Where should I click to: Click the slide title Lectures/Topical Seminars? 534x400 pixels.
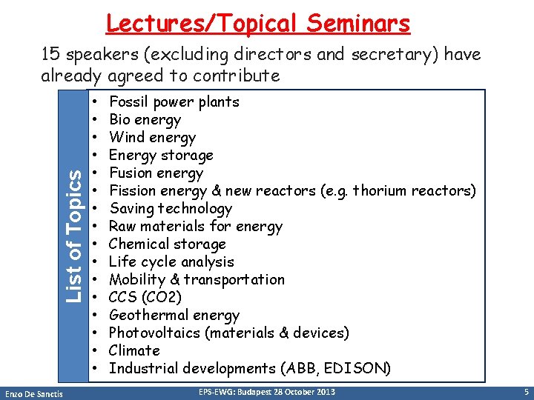[x=257, y=23]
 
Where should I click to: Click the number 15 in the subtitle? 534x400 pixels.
[x=50, y=55]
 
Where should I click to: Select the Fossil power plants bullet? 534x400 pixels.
[x=174, y=102]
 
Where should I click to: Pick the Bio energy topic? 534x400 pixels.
[x=145, y=120]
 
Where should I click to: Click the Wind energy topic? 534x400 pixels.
[x=152, y=138]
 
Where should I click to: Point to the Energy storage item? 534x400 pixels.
[x=161, y=156]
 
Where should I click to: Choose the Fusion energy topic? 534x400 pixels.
[x=156, y=173]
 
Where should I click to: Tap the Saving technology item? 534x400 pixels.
[x=171, y=209]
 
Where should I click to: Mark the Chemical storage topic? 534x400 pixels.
[x=167, y=244]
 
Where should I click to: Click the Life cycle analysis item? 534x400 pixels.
[x=171, y=262]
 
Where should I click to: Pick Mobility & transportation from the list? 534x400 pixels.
[x=197, y=280]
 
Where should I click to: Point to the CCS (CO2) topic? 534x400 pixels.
[x=145, y=298]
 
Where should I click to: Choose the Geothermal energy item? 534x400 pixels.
[x=174, y=316]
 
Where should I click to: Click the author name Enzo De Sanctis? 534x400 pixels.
[x=36, y=392]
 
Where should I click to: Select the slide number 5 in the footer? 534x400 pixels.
[x=525, y=391]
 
